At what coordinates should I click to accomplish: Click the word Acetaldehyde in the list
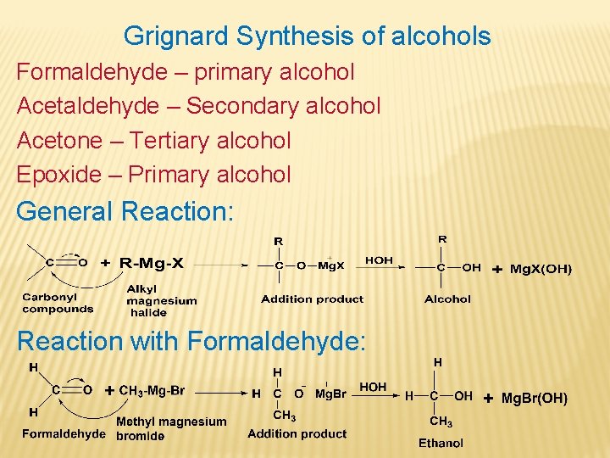click(x=87, y=106)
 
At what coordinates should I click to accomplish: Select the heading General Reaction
click(x=125, y=211)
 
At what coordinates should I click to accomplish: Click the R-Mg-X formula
click(x=152, y=263)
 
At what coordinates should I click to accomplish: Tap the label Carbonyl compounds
click(x=58, y=304)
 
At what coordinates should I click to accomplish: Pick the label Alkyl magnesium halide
click(x=161, y=300)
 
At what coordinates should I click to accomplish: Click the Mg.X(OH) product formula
click(x=541, y=269)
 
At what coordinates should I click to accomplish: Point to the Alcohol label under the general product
click(x=447, y=299)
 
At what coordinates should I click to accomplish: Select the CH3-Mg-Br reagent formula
click(x=152, y=391)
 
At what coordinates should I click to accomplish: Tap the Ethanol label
click(x=441, y=443)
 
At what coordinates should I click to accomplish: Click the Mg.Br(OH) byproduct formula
click(x=534, y=398)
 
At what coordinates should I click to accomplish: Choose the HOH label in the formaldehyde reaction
click(x=373, y=387)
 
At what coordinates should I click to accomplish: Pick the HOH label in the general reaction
click(x=379, y=260)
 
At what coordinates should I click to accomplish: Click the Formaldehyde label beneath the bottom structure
click(x=64, y=434)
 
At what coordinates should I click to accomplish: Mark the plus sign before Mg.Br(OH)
click(x=488, y=398)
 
